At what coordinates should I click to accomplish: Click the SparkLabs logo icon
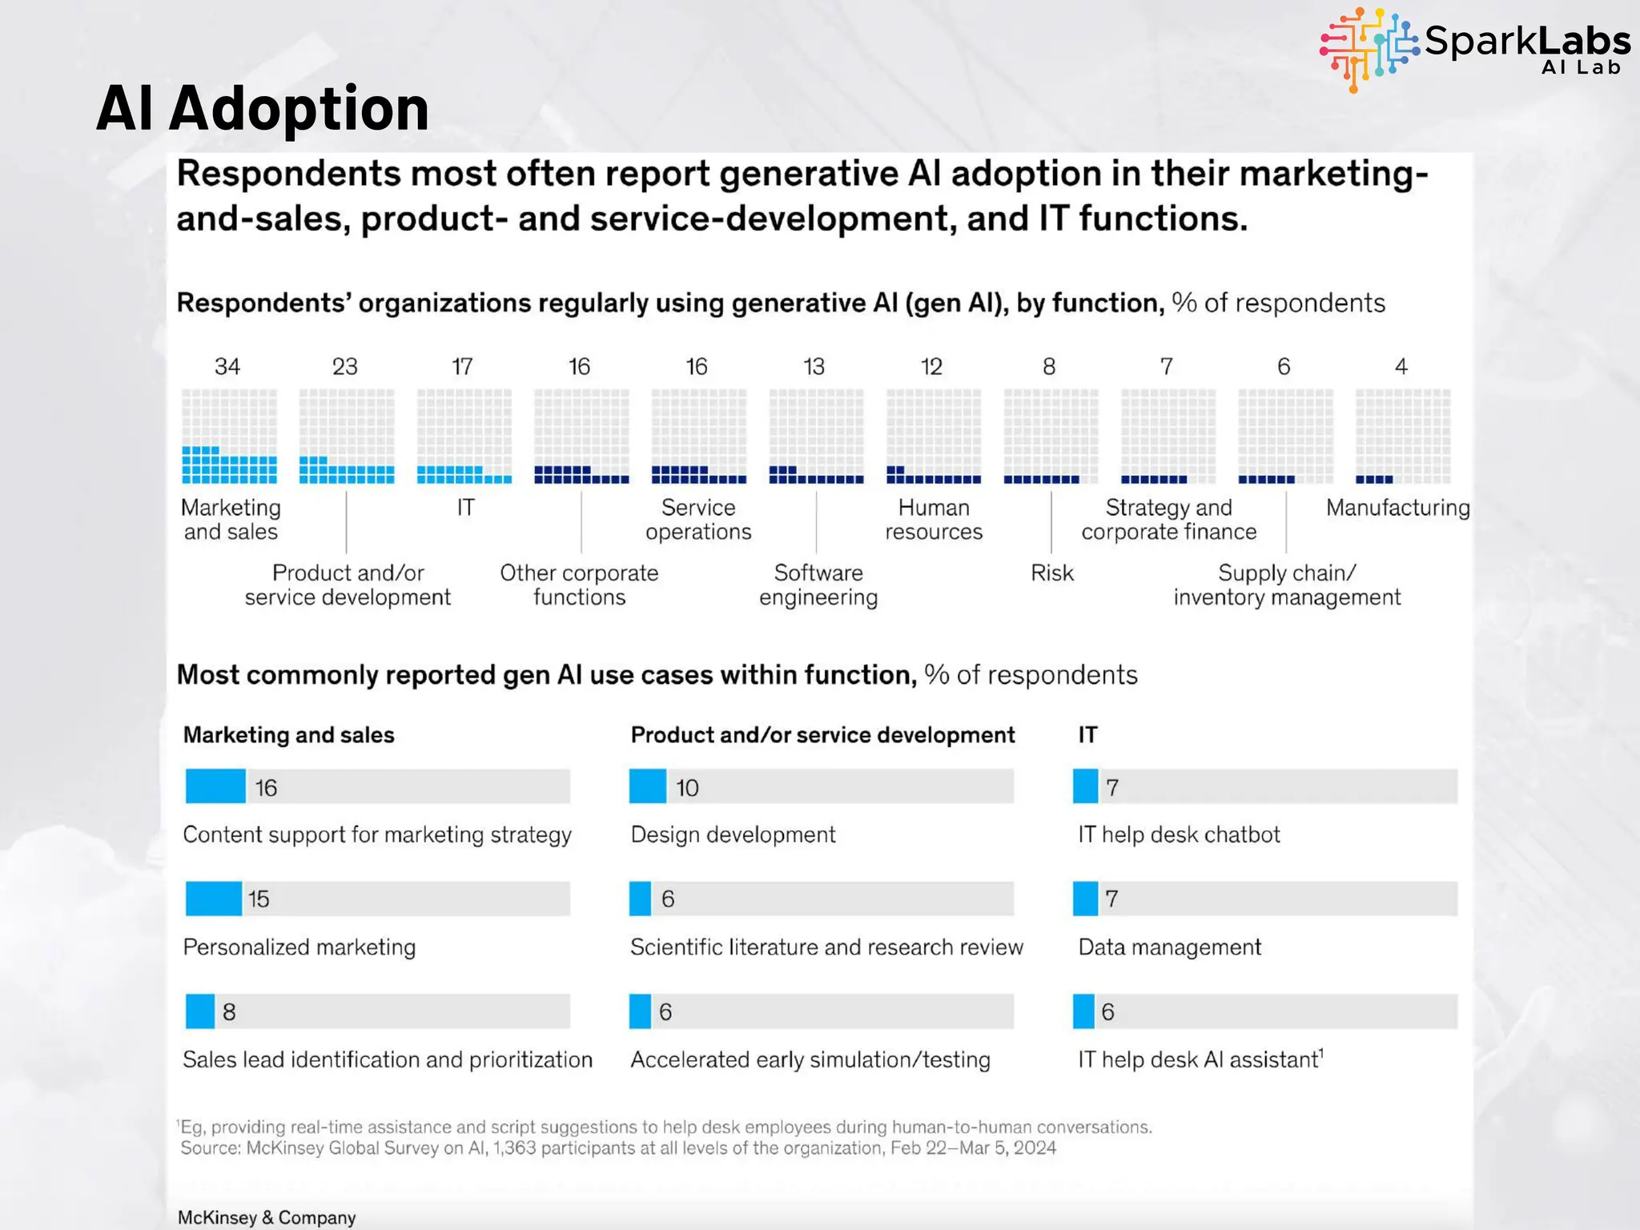pos(1370,48)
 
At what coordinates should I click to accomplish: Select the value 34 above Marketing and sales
pos(227,367)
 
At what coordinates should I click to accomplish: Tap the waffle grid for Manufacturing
pos(1402,436)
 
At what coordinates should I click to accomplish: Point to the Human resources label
pos(934,520)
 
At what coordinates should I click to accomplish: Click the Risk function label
pos(1051,573)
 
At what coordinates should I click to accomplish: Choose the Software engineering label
pos(818,585)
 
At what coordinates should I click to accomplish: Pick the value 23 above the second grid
pos(344,367)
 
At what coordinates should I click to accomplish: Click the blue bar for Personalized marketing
pos(213,898)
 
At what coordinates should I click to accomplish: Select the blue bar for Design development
pos(647,786)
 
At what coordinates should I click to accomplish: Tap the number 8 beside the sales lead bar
pos(229,1012)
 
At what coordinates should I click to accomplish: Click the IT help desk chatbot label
pos(1179,834)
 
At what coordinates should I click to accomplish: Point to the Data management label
pos(1169,947)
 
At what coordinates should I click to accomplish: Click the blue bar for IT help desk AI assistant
pos(1083,1011)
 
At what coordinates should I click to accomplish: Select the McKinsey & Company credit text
pos(267,1217)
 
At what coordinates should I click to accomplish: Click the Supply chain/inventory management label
pos(1287,585)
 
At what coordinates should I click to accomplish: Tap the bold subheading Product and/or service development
pos(822,735)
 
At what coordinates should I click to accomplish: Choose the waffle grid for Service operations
pos(698,436)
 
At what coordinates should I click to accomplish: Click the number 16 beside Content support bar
pos(266,788)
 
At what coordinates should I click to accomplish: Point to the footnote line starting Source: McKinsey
pos(618,1148)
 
